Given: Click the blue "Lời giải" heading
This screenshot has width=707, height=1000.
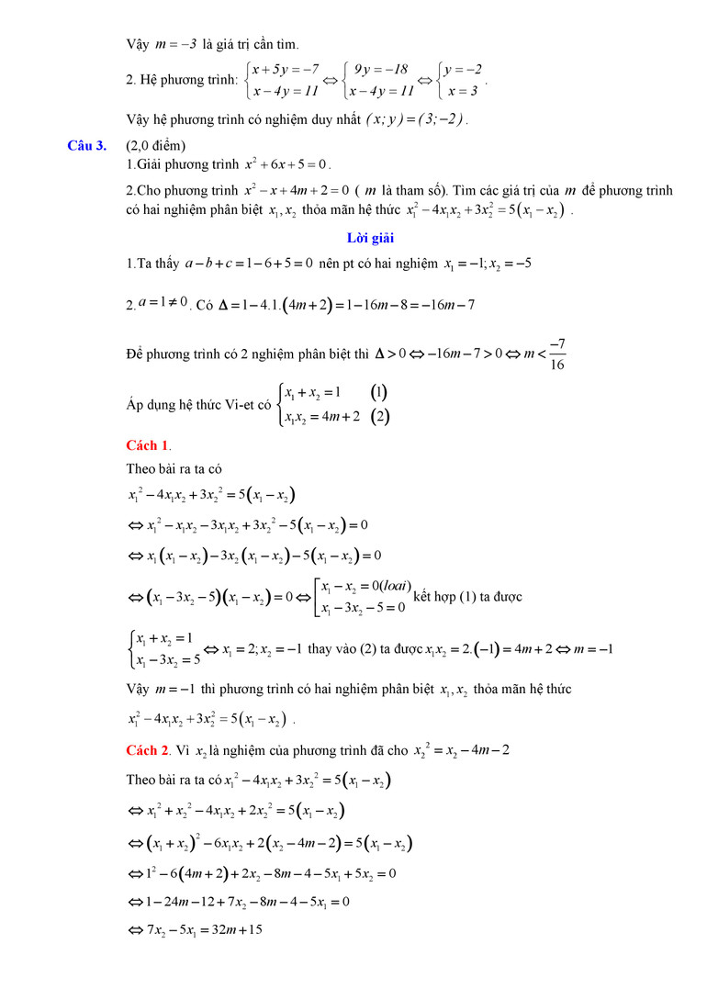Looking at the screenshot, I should click(370, 239).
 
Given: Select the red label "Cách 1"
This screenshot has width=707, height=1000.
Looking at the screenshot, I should click(147, 445).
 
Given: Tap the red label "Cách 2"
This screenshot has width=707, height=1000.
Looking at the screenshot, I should click(147, 750).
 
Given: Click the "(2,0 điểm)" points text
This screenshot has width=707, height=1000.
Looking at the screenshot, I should click(156, 145).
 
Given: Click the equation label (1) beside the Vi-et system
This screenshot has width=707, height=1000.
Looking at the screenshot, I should click(379, 392).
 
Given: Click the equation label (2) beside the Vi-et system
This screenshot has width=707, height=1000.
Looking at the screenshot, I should click(379, 416).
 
